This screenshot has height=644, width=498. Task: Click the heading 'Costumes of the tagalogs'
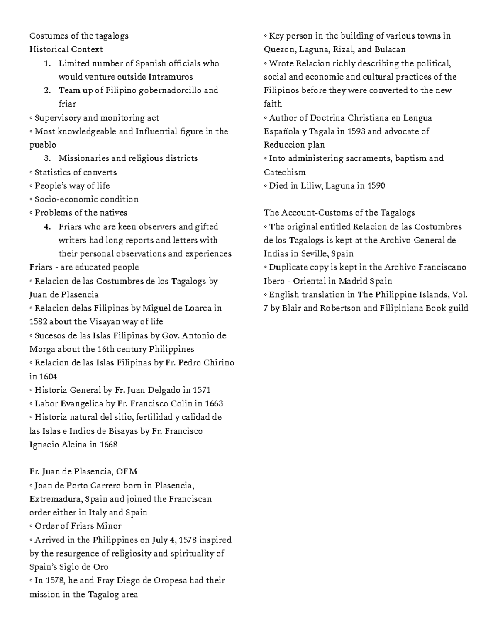[79, 36]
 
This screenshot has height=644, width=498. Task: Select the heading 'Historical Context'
[66, 49]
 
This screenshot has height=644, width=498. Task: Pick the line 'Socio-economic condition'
[86, 199]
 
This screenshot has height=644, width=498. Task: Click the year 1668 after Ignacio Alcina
[109, 445]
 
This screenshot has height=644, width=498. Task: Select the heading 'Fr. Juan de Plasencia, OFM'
[83, 471]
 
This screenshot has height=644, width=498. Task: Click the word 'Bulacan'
[390, 49]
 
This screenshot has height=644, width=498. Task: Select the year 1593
[356, 131]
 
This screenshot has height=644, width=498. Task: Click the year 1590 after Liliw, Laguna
[376, 186]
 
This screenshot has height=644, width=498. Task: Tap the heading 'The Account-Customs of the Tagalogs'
[339, 213]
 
